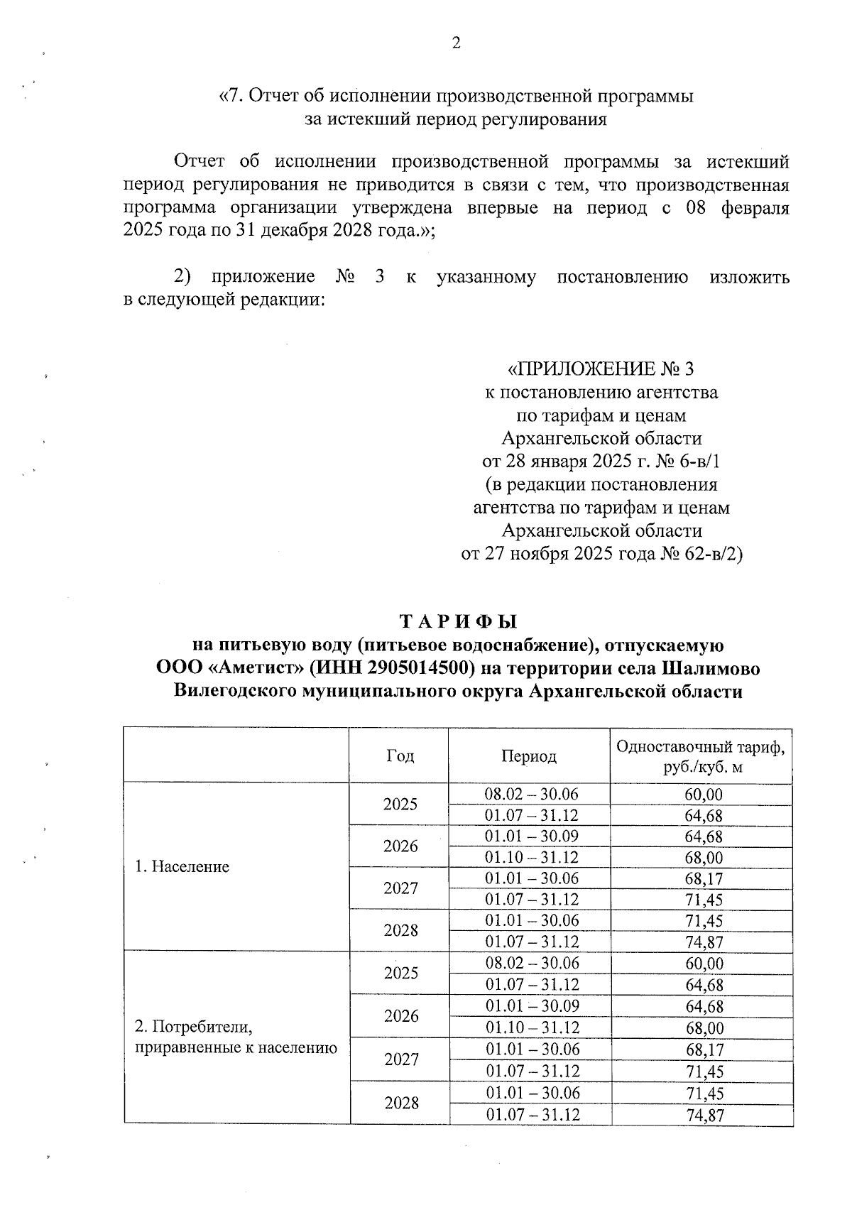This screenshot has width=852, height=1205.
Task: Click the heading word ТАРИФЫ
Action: (x=458, y=622)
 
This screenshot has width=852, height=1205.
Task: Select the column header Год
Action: (x=400, y=756)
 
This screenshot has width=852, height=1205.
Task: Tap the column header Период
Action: (x=529, y=756)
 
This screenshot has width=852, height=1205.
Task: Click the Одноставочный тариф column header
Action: (x=701, y=756)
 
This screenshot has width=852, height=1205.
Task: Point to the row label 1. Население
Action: (x=182, y=866)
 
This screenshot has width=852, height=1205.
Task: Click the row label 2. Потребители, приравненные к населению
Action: (x=236, y=1037)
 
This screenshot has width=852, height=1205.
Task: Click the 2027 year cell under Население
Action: (x=400, y=888)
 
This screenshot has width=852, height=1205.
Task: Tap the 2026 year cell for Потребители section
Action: (x=401, y=1015)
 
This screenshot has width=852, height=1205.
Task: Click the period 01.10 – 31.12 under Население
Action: (x=531, y=857)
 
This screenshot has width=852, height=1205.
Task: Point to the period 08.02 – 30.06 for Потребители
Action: (x=531, y=963)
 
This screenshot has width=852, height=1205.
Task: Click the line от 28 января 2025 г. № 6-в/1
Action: (x=601, y=462)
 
